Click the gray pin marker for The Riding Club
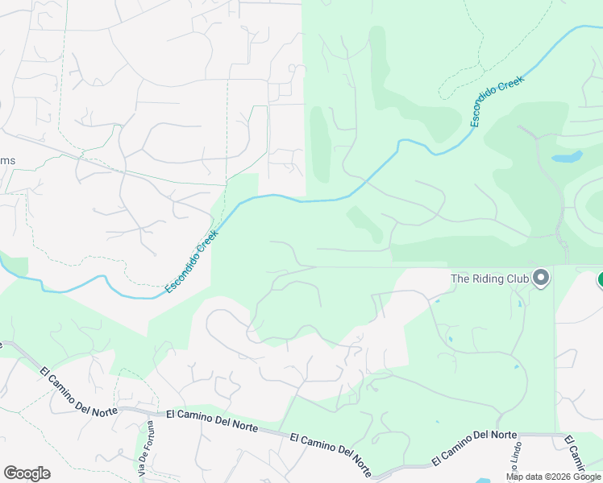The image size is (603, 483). (x=541, y=278)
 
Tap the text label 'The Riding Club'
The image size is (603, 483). (x=489, y=279)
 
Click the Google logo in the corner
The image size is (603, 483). (x=27, y=473)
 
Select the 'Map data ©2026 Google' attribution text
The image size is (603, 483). (x=553, y=477)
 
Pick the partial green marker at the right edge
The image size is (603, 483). (x=601, y=279)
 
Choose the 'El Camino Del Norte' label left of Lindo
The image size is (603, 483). (x=474, y=447)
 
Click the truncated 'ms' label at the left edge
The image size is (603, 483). (x=7, y=160)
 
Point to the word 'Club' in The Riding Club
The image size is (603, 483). (x=515, y=279)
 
